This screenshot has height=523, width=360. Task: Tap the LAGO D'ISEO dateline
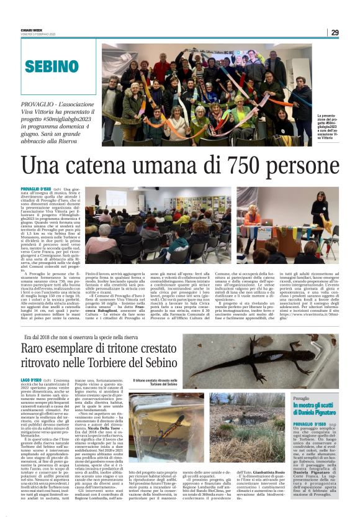point(31,379)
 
